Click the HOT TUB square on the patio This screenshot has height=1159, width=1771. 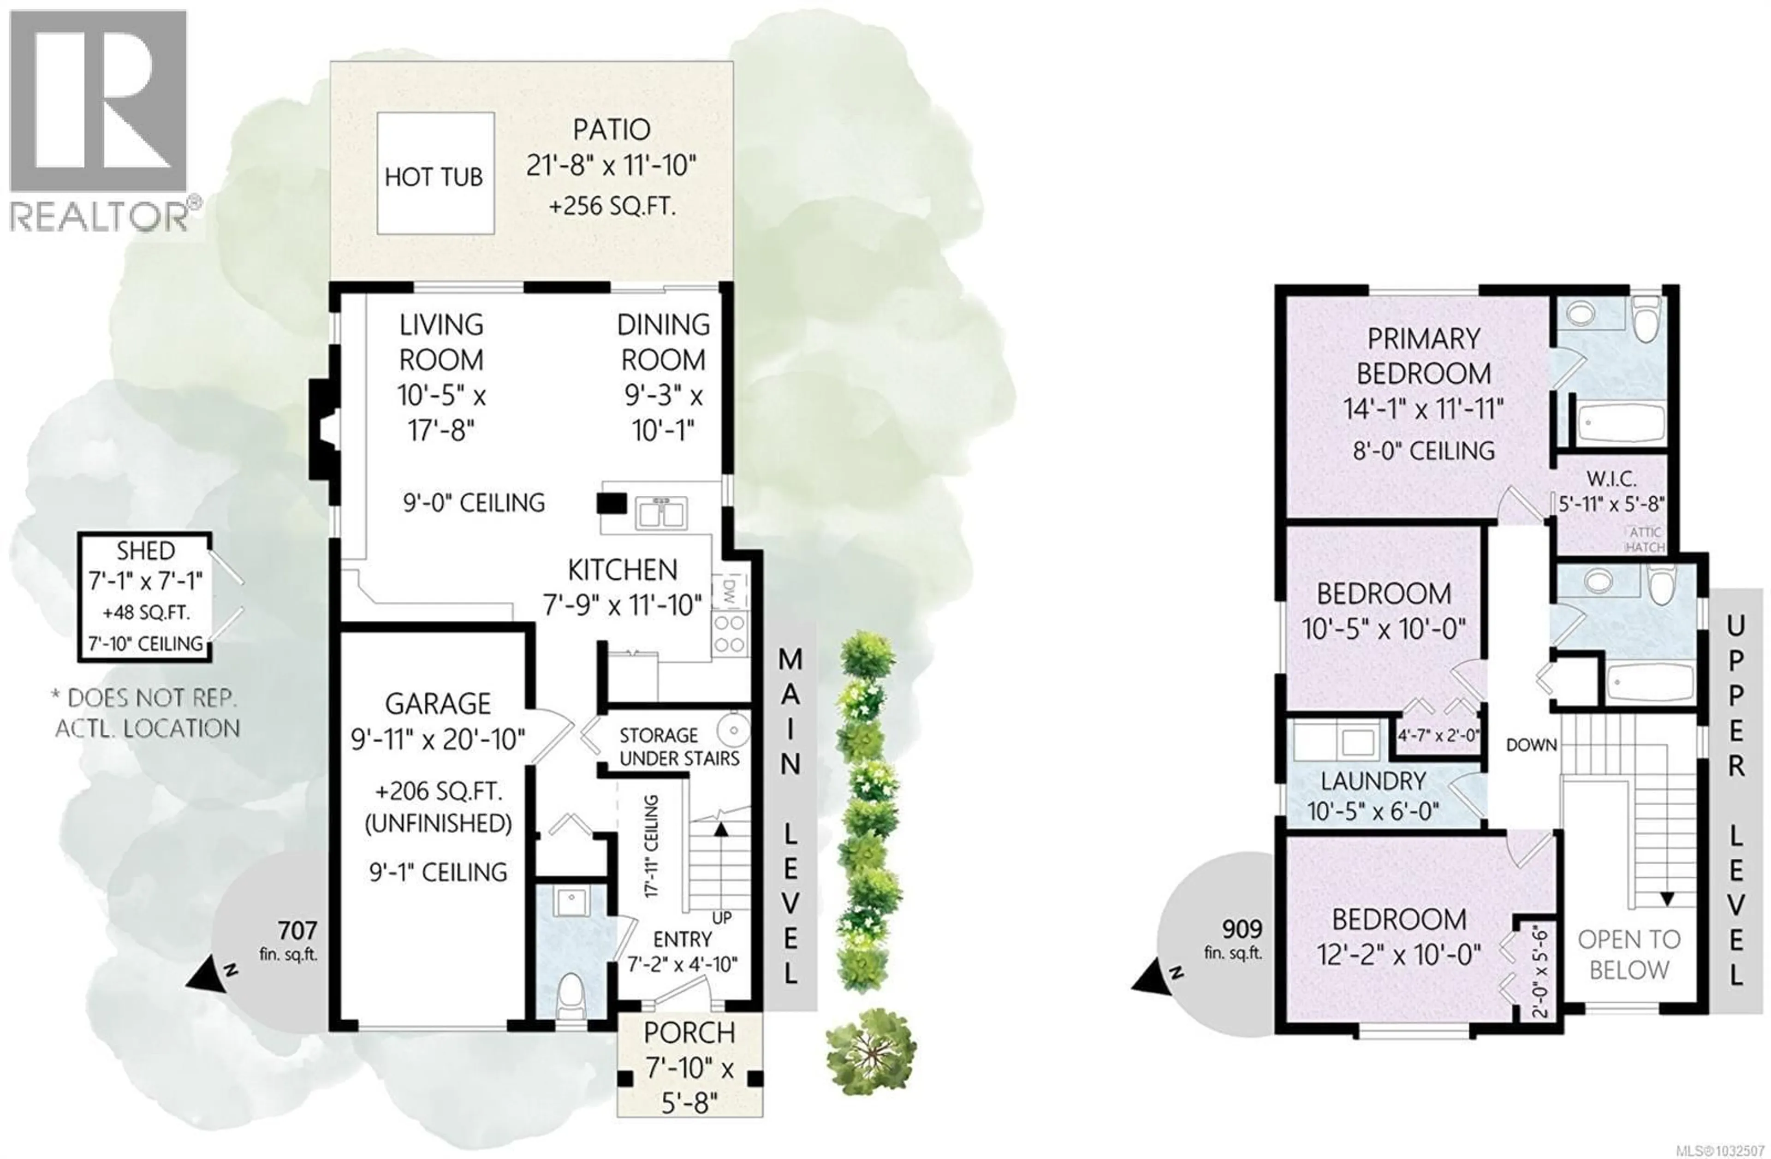coord(435,173)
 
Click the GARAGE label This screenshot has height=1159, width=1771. coord(438,703)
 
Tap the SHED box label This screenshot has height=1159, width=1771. coord(146,551)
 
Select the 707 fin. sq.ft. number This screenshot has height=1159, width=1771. coord(297,930)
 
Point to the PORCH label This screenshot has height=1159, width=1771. coord(689,1033)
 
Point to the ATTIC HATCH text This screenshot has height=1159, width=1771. coord(1645,539)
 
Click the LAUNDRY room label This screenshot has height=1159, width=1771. coord(1373,781)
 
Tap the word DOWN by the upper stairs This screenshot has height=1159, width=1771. coord(1531,745)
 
